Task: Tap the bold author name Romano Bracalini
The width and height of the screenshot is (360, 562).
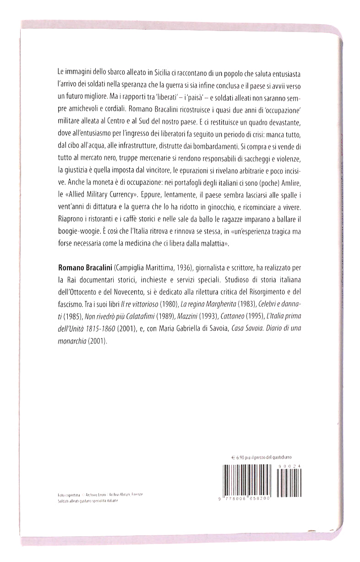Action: point(85,266)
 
